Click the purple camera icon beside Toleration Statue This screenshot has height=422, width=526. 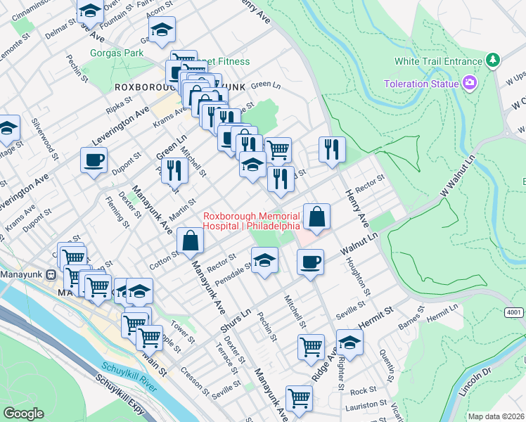[x=470, y=84]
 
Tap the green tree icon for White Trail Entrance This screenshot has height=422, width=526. [x=494, y=61]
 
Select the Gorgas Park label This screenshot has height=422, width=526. [x=117, y=53]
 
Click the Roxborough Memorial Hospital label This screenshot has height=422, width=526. [x=252, y=221]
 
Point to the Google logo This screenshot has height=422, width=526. [x=23, y=414]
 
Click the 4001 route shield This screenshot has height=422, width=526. [x=514, y=312]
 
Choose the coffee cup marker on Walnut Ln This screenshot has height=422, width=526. [x=310, y=263]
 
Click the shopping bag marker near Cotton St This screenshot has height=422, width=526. [x=191, y=241]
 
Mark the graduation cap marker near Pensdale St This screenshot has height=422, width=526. [x=264, y=261]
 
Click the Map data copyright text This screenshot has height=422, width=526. [x=496, y=416]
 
